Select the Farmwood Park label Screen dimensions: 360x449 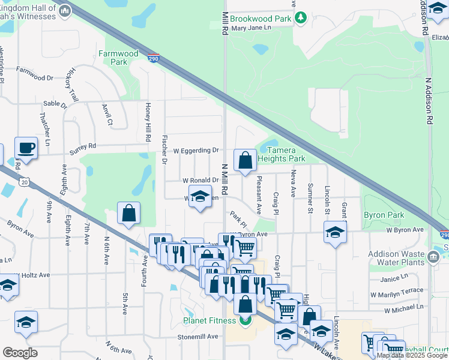(118, 58)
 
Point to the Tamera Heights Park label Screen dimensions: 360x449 (282, 154)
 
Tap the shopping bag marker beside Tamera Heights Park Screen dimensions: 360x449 (245, 160)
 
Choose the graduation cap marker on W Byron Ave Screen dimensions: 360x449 (335, 232)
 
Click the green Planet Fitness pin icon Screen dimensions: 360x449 (246, 320)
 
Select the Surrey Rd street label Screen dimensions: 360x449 (83, 146)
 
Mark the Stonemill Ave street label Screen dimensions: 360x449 (197, 337)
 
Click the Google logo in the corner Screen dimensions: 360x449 (20, 352)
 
